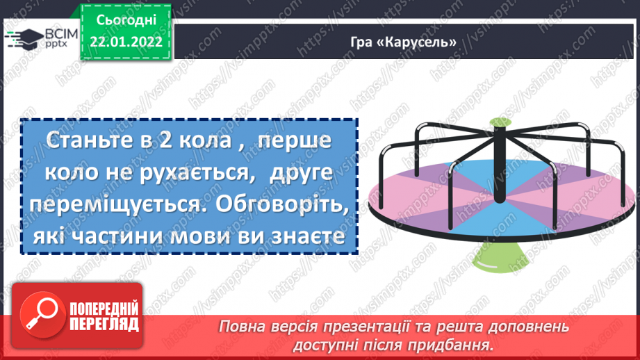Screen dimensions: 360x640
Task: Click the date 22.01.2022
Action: pyautogui.click(x=125, y=41)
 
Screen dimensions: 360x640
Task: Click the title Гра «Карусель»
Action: pyautogui.click(x=403, y=42)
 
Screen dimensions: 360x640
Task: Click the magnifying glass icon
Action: pyautogui.click(x=38, y=318)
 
